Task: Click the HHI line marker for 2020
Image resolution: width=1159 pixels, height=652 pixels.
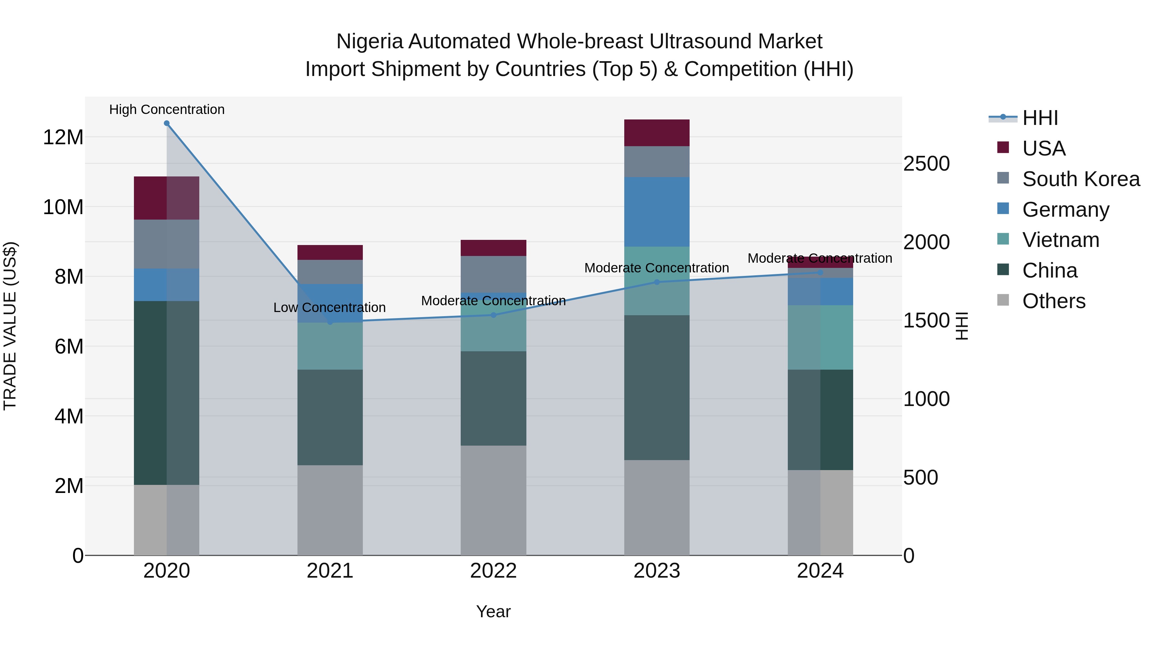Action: [x=166, y=123]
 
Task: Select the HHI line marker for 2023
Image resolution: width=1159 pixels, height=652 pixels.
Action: [x=656, y=282]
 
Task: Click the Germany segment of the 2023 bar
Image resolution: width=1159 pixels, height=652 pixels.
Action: [x=656, y=212]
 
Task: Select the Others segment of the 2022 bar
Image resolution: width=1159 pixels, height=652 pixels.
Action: [x=493, y=500]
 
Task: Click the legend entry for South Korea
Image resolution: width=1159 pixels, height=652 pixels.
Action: [x=1080, y=179]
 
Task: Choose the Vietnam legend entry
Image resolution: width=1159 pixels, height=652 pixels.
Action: [x=1060, y=240]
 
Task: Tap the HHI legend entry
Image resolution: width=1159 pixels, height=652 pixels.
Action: [x=1039, y=118]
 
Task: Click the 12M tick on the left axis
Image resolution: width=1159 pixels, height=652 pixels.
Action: [x=63, y=137]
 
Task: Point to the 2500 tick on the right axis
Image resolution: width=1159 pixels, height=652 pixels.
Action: [x=926, y=164]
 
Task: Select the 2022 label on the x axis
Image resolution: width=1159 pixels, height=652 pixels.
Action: [x=493, y=571]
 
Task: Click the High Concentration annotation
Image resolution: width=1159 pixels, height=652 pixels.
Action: [x=166, y=109]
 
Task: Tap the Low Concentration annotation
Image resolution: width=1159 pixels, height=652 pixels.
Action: [x=329, y=307]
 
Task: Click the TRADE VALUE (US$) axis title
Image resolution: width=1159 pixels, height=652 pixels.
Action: [x=10, y=326]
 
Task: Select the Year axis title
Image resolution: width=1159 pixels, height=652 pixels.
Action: [x=493, y=611]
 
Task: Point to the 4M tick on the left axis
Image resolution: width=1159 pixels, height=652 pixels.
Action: [x=69, y=416]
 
